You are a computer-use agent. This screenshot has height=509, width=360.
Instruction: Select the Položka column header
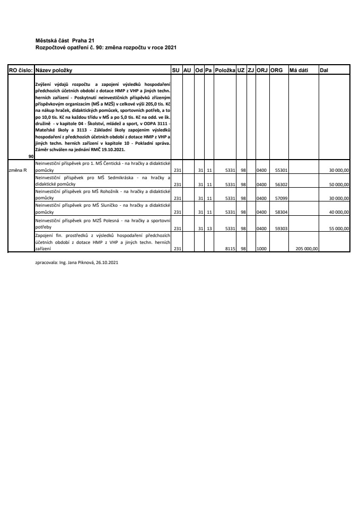click(x=225, y=69)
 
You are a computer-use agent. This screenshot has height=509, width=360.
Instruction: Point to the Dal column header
click(x=324, y=69)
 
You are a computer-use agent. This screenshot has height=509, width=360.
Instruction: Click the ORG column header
click(x=276, y=69)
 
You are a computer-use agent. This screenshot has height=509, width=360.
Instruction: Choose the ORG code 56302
click(x=281, y=185)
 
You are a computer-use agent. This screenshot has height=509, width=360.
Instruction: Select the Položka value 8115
click(x=230, y=248)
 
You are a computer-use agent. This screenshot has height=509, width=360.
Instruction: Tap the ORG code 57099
click(x=281, y=198)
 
